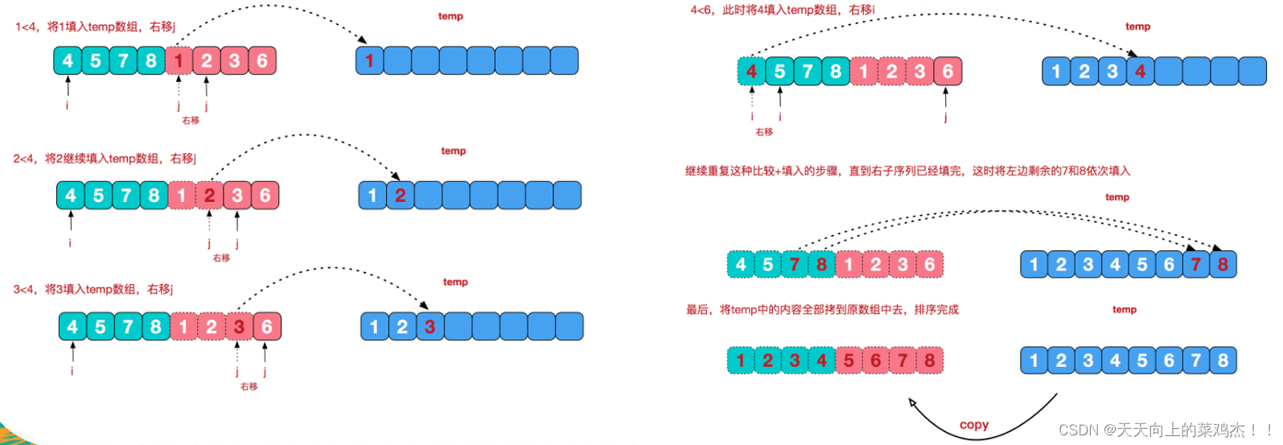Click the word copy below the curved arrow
pos(974,425)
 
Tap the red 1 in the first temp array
pos(369,60)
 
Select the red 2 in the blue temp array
pos(400,195)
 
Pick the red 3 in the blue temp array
pos(430,327)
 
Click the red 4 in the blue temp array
pos(1140,72)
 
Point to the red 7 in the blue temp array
pos(1196,264)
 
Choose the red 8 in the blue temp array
pos(1223,264)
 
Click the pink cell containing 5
pos(849,361)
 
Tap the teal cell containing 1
pos(741,361)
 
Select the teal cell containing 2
pos(767,361)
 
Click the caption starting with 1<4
pos(95,27)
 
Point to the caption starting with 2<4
pos(105,159)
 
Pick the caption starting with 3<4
pos(93,289)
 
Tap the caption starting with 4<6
pos(783,10)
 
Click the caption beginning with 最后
pos(822,310)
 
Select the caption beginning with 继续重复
pos(907,171)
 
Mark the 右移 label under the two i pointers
pos(764,132)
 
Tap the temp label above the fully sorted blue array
pos(1125,310)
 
